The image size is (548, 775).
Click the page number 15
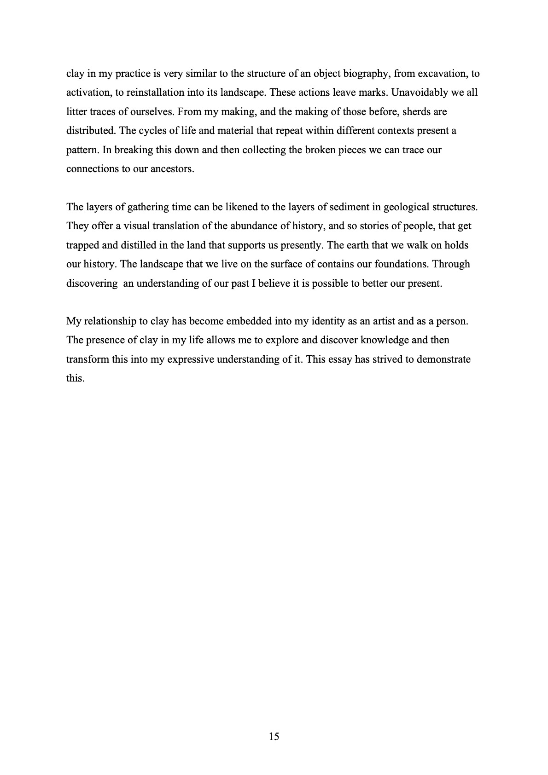click(x=274, y=737)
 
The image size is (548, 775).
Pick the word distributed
click(x=90, y=131)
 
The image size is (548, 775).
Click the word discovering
click(x=92, y=283)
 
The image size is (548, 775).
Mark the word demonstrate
click(x=444, y=359)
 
